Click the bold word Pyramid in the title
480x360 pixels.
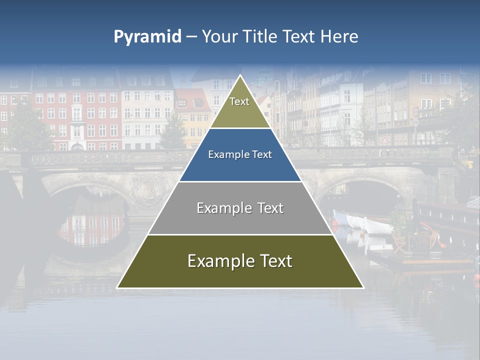coord(147,36)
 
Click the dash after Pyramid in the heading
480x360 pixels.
coord(191,37)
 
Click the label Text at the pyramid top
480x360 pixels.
coord(239,101)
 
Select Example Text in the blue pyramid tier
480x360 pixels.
coord(240,154)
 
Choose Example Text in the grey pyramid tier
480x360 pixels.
coord(240,208)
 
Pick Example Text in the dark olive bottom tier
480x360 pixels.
coord(240,261)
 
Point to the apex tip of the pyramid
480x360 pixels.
coord(240,75)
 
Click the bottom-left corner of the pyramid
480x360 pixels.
coord(117,288)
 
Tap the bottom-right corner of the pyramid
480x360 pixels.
coord(363,288)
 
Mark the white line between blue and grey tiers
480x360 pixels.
coord(240,181)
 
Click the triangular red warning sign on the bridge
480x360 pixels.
coord(384,140)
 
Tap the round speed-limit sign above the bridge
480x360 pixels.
coord(415,111)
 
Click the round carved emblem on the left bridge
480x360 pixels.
coord(148,188)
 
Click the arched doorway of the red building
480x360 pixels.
coord(76,146)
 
